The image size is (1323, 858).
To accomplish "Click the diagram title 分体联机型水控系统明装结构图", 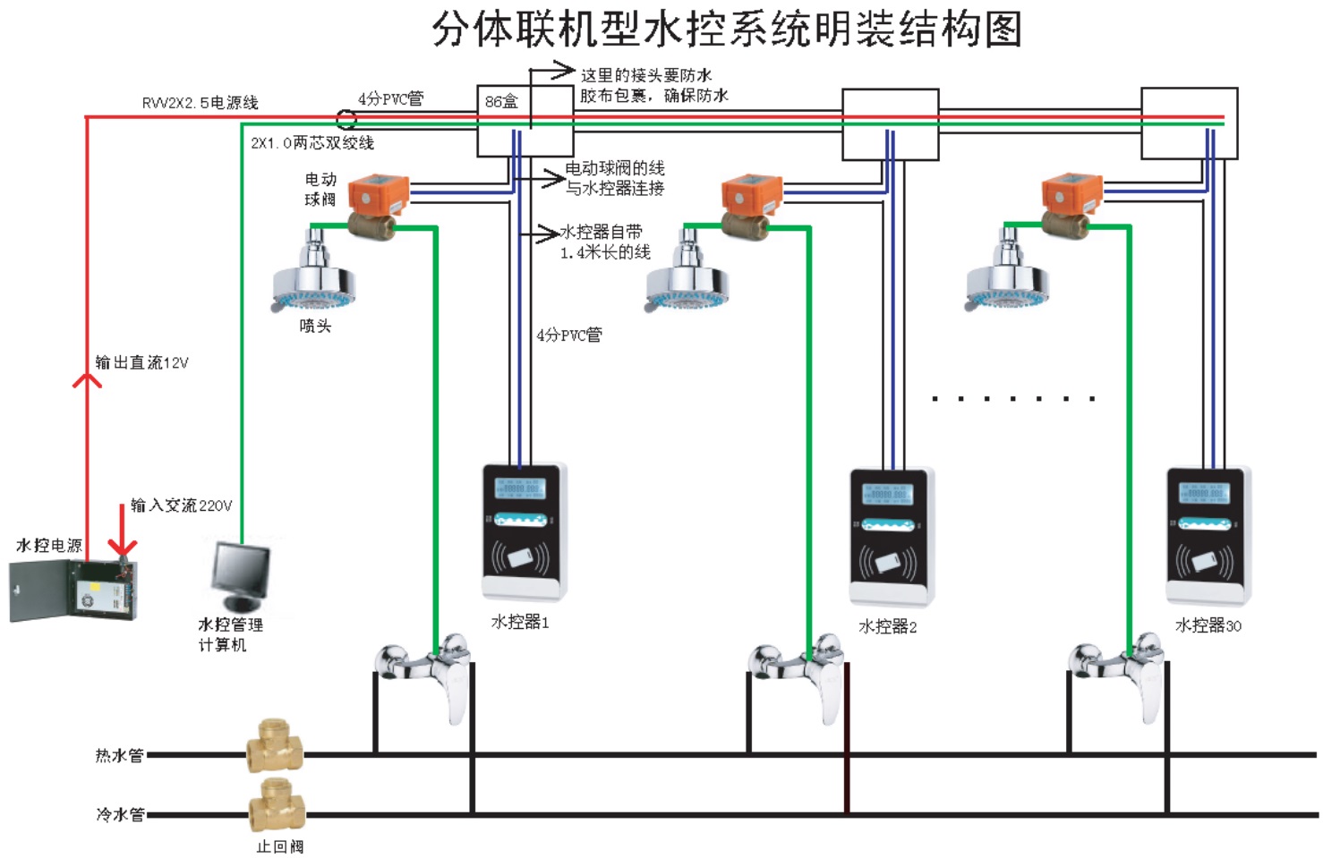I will pos(727,30).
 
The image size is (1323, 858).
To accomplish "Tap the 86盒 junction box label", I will pos(501,102).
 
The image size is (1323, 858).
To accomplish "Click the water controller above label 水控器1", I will pos(525,531).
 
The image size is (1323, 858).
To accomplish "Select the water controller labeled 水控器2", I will pos(891,537).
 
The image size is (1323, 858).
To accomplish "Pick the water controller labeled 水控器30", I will pos(1208,535).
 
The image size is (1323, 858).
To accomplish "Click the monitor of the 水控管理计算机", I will pos(240,573).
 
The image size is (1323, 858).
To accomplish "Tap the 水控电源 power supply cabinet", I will pos(74,590).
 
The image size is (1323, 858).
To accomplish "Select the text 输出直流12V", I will pos(141,362).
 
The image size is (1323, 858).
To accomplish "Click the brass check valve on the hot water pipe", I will pos(275,746).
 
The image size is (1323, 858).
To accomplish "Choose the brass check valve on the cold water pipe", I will pos(277,805).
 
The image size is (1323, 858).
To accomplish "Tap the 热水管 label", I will pos(119,756).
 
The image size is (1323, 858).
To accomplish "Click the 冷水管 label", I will pos(120,815).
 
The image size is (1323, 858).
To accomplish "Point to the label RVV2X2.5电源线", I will pos(200,103).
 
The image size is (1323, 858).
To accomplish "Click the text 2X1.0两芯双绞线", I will pos(312,143).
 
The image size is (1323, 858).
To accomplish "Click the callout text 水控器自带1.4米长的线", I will pos(604,242).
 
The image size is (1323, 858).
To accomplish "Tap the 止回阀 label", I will pos(280,846).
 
